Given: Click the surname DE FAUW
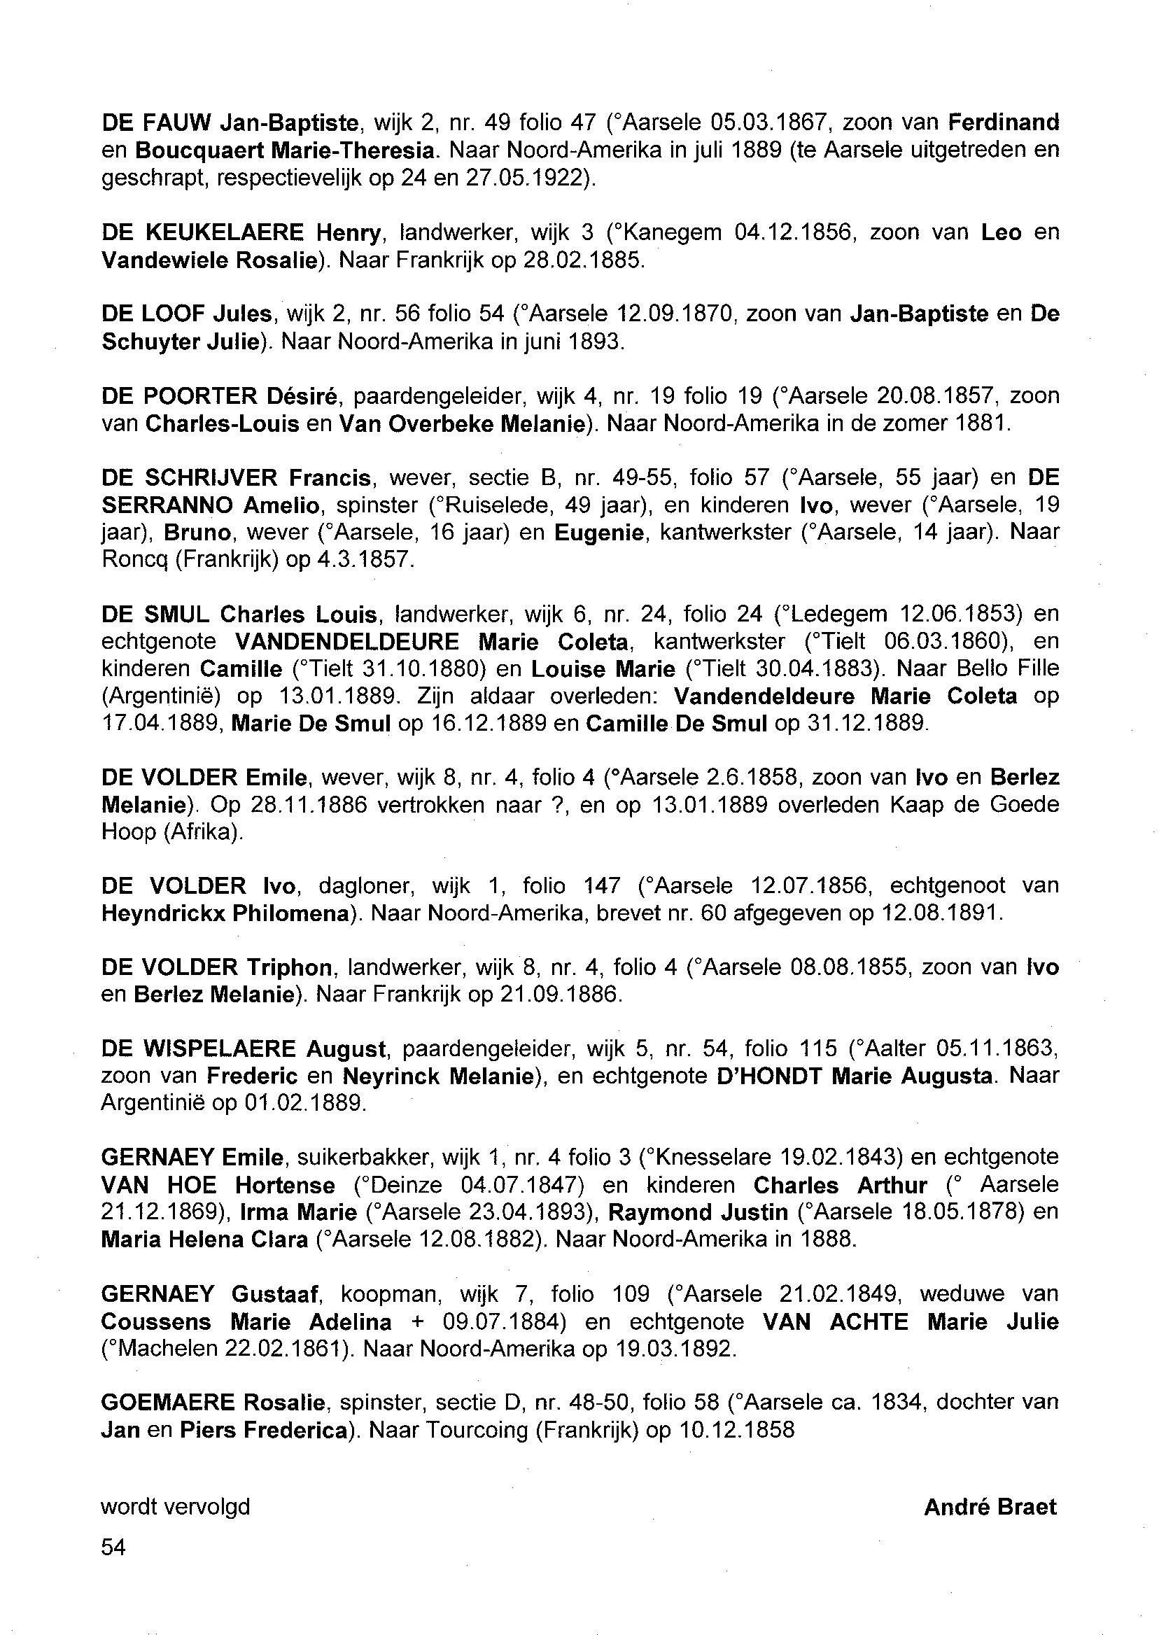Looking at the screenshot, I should (x=155, y=123).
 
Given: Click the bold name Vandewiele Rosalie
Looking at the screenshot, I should (x=209, y=260).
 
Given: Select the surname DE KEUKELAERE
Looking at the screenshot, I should (x=203, y=232).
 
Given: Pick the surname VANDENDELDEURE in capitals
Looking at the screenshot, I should (x=347, y=642).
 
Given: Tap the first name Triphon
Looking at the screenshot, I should (x=289, y=968).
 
